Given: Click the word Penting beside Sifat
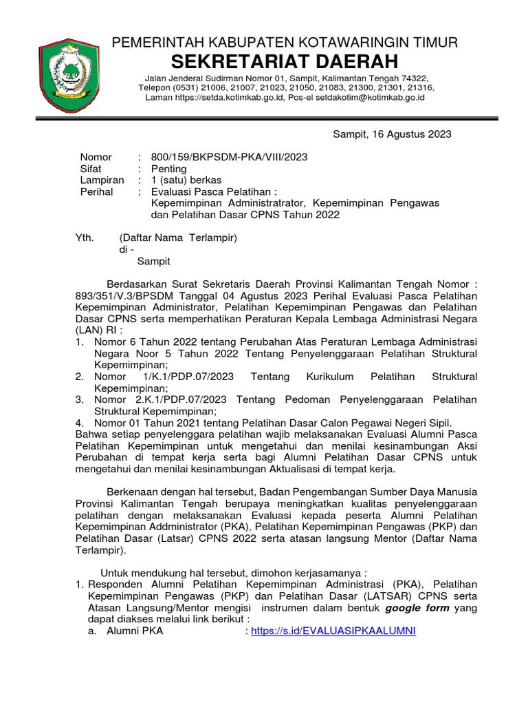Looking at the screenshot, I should click(168, 169).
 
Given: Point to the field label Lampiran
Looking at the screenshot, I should click(102, 180).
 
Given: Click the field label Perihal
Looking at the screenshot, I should click(97, 192).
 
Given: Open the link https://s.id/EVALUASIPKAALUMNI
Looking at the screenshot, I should click(333, 631).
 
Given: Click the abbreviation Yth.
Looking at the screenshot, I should click(84, 238).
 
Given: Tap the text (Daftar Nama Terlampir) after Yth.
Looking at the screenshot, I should click(178, 238).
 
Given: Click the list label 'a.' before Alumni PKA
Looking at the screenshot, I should click(92, 631).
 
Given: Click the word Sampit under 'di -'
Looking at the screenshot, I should click(153, 262).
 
